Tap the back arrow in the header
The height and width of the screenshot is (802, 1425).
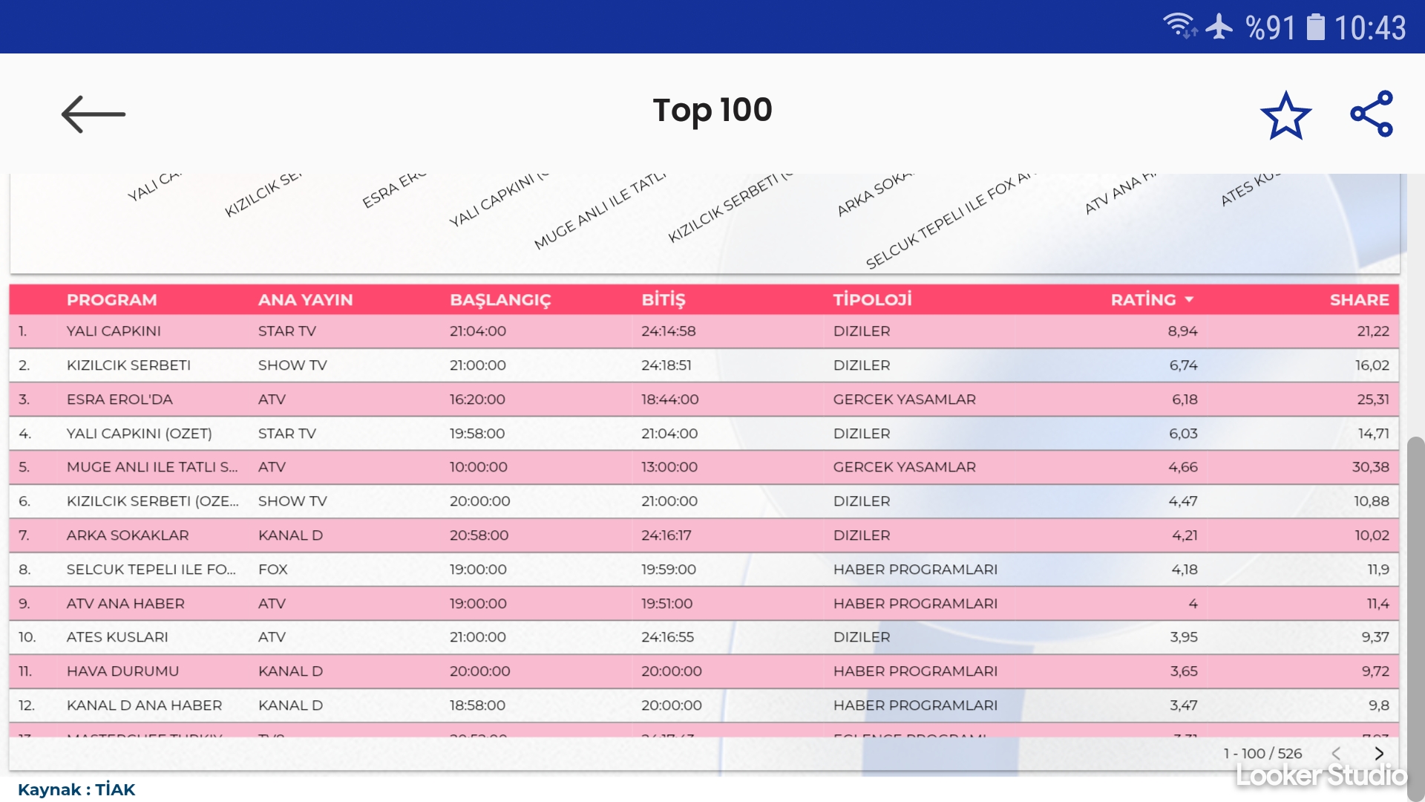tap(94, 114)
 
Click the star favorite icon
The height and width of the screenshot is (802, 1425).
tap(1285, 115)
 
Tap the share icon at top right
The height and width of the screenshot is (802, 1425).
tap(1372, 114)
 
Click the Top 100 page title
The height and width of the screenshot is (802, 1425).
tap(712, 111)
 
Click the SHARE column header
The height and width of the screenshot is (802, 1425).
tap(1359, 300)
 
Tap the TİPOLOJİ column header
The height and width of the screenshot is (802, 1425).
tap(872, 300)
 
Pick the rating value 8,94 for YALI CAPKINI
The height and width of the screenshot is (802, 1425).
tap(1182, 331)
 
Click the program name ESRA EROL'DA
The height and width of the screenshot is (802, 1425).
tap(119, 400)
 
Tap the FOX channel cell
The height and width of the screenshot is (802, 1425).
tap(272, 570)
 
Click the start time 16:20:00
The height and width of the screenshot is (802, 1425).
tap(477, 400)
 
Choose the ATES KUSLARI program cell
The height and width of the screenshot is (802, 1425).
tap(117, 637)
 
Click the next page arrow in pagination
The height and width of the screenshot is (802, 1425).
tap(1379, 754)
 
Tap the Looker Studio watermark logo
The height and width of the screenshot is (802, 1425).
tap(1321, 776)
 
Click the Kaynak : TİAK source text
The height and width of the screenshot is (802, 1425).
tap(76, 789)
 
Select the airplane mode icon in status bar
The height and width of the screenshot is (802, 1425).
tap(1219, 27)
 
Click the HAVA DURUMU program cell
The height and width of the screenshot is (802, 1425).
tap(122, 671)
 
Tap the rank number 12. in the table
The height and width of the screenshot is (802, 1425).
tap(27, 705)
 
